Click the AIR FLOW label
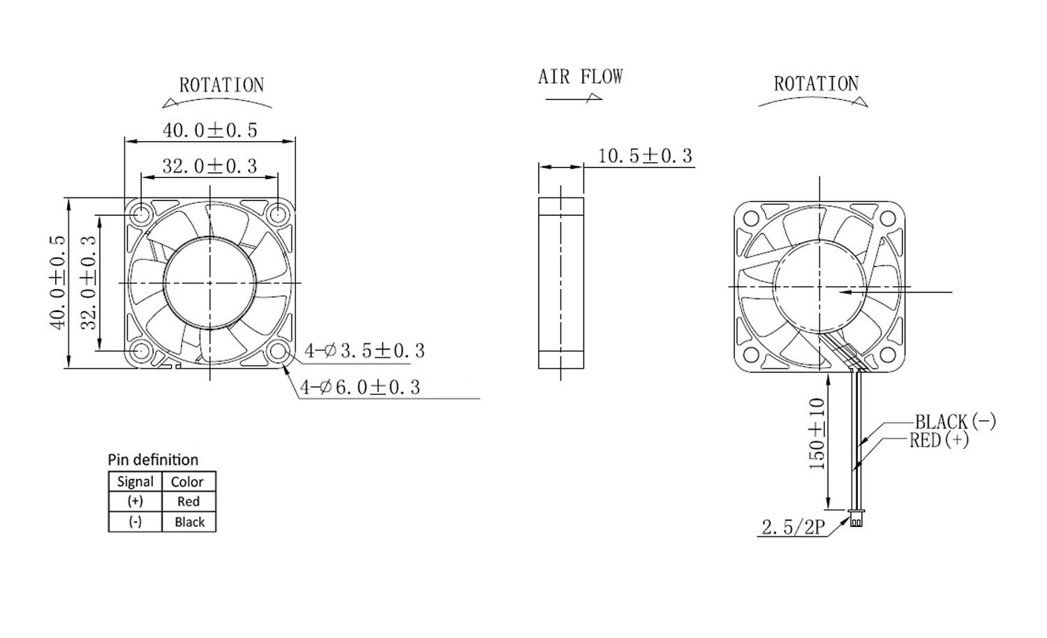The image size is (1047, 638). pyautogui.click(x=580, y=77)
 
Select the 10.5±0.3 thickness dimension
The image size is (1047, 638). pyautogui.click(x=645, y=156)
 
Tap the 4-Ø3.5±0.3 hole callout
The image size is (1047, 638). pyautogui.click(x=364, y=350)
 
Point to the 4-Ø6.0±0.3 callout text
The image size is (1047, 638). pyautogui.click(x=360, y=387)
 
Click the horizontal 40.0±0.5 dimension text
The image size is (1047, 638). pyautogui.click(x=210, y=130)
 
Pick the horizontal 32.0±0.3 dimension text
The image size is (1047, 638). pyautogui.click(x=210, y=166)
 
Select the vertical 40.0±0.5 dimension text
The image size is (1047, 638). pyautogui.click(x=58, y=282)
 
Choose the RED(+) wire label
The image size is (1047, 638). pyautogui.click(x=939, y=440)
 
